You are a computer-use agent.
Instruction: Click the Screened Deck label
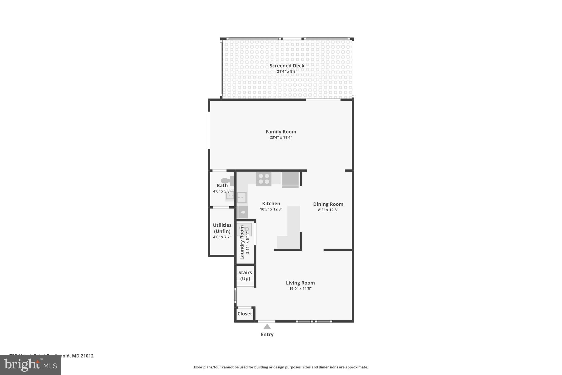[x=287, y=66]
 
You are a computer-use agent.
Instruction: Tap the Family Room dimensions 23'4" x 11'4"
[x=281, y=137]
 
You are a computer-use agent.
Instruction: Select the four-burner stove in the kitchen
[x=264, y=179]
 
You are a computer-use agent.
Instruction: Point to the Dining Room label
[x=328, y=204]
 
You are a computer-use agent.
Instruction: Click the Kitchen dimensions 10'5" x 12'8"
[x=271, y=209]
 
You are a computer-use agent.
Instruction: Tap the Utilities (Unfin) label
[x=222, y=228]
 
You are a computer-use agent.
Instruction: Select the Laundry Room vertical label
[x=242, y=242]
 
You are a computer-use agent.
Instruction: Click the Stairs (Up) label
[x=245, y=275]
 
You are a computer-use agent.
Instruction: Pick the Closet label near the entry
[x=245, y=314]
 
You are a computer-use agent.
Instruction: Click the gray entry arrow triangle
[x=267, y=327]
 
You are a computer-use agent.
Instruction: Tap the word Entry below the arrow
[x=267, y=334]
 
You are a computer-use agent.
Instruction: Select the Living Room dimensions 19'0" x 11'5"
[x=300, y=288]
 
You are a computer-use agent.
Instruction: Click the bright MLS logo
[x=30, y=365]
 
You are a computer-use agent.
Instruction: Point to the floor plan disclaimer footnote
[x=281, y=367]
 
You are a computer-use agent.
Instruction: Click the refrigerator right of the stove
[x=290, y=179]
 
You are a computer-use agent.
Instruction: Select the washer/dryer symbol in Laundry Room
[x=244, y=229]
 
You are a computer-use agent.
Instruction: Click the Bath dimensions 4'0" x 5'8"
[x=222, y=191]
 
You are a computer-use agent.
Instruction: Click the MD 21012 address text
[x=83, y=356]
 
